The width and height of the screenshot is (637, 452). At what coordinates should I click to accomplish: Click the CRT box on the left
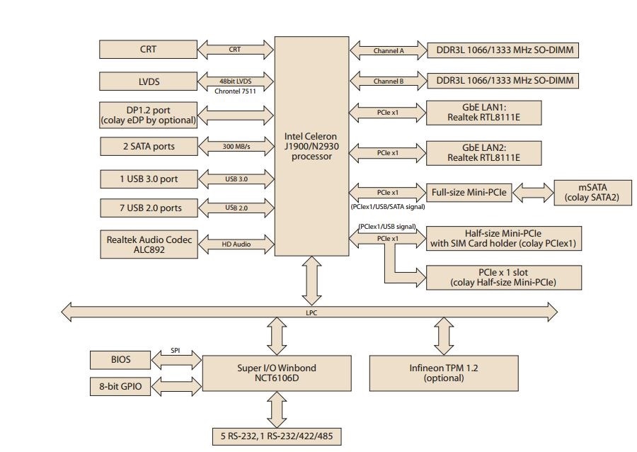tap(148, 50)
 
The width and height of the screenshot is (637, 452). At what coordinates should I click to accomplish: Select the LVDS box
tap(148, 81)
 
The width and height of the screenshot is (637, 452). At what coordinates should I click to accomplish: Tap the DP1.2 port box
tap(148, 114)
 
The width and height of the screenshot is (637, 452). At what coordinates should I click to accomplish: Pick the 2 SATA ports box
tap(148, 147)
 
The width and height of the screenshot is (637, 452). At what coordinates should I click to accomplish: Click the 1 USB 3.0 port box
tap(148, 179)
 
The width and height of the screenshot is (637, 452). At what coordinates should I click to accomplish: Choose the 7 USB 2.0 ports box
tap(148, 208)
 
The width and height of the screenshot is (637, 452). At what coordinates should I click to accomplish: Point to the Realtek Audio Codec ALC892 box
tap(148, 244)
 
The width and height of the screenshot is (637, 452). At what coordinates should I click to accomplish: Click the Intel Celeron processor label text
tap(311, 146)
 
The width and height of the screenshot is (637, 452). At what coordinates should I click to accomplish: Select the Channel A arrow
tap(387, 50)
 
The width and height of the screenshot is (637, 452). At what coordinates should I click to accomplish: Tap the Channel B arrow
tap(387, 81)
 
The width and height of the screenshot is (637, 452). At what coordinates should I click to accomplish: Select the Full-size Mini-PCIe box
tap(469, 192)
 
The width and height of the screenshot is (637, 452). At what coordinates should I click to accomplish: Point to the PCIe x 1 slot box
tap(503, 278)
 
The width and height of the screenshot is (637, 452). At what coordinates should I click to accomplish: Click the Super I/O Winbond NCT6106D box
tap(277, 373)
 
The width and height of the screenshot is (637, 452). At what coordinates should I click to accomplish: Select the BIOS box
tap(120, 360)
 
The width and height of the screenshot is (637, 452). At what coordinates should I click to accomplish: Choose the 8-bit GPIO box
tap(120, 386)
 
